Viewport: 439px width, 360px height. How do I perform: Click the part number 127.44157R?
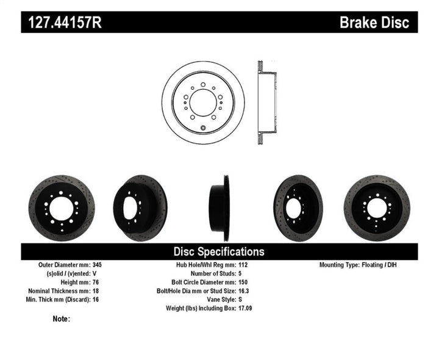63,23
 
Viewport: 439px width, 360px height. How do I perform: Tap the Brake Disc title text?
373,23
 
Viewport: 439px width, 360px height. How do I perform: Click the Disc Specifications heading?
219,251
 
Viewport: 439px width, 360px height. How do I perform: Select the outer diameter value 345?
98,265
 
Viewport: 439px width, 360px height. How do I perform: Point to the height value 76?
96,283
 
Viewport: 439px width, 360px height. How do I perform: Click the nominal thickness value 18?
96,291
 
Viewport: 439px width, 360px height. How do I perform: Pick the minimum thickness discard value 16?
96,300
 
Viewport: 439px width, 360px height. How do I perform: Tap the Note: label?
62,319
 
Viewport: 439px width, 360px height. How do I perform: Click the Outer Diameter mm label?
63,265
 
